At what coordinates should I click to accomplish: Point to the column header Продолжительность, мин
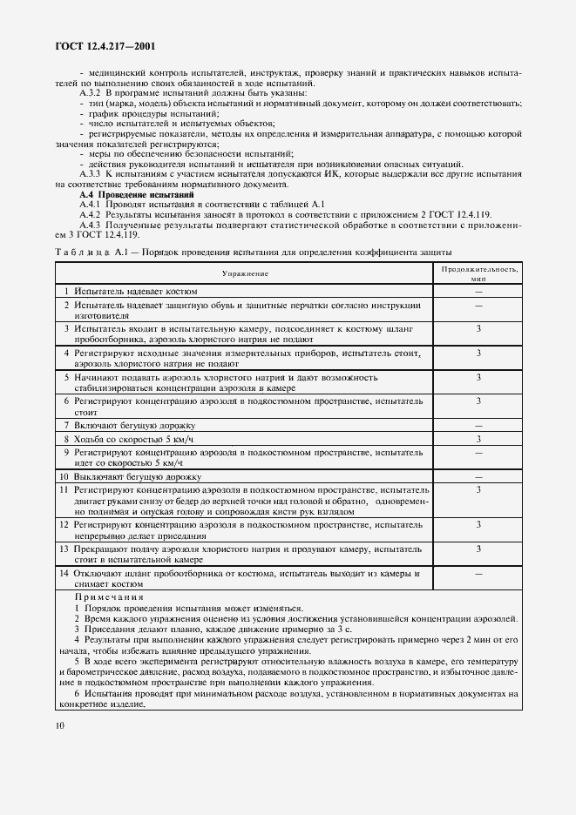click(x=478, y=273)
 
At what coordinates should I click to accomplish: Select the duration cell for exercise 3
click(x=478, y=329)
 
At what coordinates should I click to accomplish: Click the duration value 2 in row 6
click(x=478, y=401)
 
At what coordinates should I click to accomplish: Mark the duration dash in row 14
click(x=478, y=574)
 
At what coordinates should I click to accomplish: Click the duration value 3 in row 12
click(x=478, y=526)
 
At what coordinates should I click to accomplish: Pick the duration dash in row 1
click(x=478, y=292)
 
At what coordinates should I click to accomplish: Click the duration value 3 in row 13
click(x=478, y=549)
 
